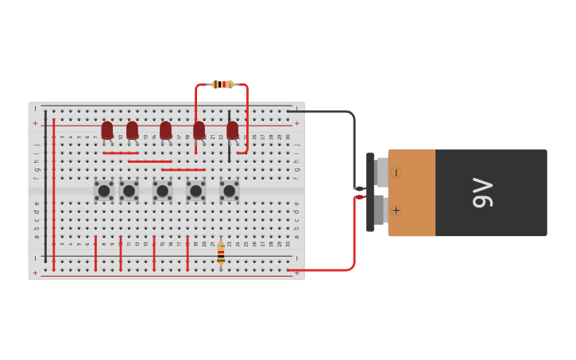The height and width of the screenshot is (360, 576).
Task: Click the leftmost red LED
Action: click(x=107, y=129)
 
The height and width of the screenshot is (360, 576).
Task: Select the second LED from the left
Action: click(x=132, y=129)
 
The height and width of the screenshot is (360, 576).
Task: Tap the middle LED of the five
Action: click(x=165, y=129)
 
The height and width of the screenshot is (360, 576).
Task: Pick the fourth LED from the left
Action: click(x=199, y=129)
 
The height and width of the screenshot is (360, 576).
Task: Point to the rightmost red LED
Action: click(x=232, y=129)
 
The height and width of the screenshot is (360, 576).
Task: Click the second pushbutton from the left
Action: click(x=129, y=191)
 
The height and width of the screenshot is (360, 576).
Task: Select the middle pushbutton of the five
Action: click(x=162, y=191)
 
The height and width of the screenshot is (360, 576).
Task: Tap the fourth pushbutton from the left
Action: click(x=195, y=191)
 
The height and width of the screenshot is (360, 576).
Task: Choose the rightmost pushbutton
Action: click(x=229, y=191)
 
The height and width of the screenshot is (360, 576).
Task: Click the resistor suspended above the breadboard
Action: click(x=222, y=84)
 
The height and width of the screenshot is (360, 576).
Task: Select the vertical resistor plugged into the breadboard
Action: click(x=221, y=253)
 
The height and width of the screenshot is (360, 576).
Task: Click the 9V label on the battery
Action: click(x=482, y=193)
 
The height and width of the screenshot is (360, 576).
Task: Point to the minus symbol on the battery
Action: click(x=396, y=172)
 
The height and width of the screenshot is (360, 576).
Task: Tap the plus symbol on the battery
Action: click(x=396, y=210)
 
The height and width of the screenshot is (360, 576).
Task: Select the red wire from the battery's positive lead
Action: click(x=353, y=238)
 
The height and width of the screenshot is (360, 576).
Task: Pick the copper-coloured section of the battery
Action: click(x=412, y=193)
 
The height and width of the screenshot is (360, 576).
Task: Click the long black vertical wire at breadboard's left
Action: click(x=45, y=187)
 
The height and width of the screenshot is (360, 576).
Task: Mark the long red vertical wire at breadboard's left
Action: click(x=53, y=199)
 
